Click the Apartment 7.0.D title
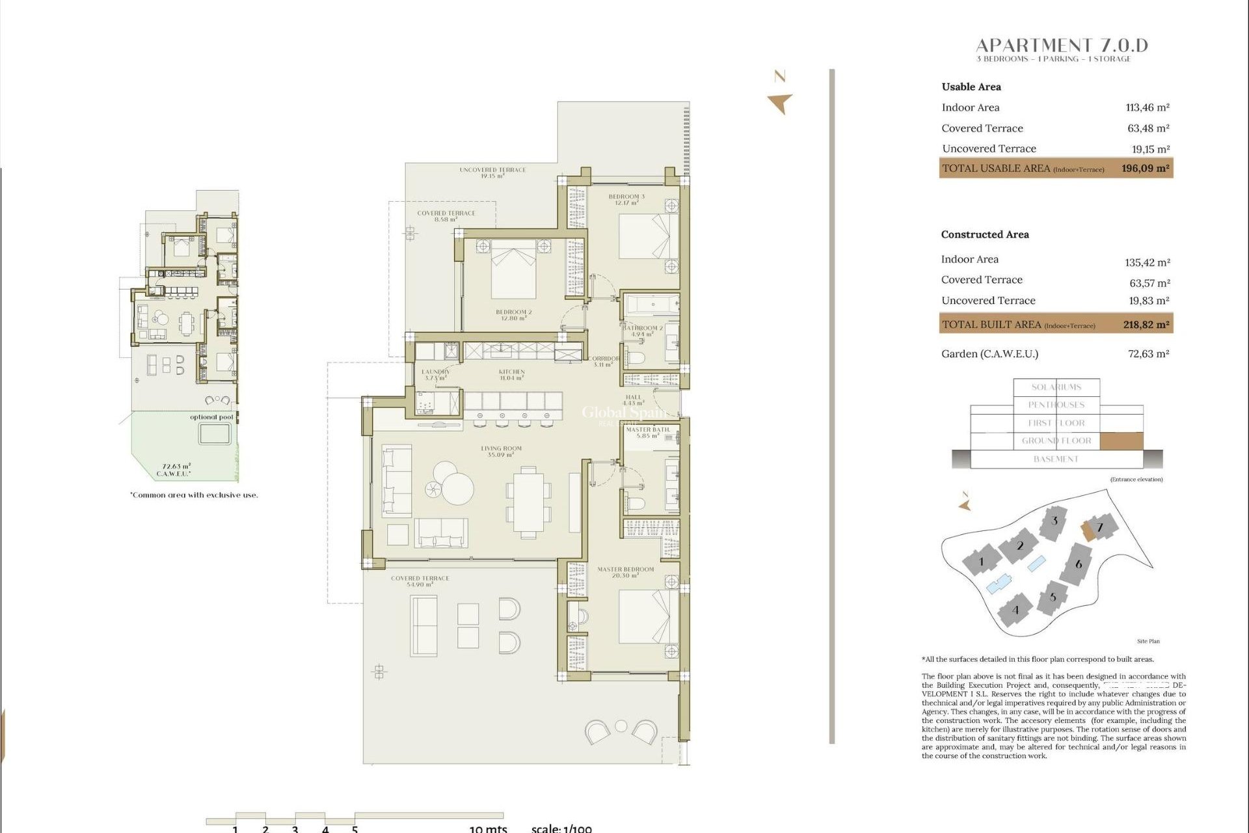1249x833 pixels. coord(1062,46)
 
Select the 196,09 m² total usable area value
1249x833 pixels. coord(1145,169)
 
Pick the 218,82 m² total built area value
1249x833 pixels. coord(1146,325)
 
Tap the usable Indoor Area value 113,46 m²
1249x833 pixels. coord(1148,108)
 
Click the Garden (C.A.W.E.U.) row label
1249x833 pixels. coord(989,354)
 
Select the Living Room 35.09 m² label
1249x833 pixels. coord(501,451)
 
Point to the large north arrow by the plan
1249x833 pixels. coord(780,103)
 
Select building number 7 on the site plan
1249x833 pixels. coord(1100,527)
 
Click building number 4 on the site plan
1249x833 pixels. coord(1015,610)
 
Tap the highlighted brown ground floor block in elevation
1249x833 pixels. coord(1121,441)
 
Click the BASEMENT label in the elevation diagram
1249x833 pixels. coord(1056,459)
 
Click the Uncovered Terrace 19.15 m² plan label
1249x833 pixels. coord(492,172)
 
